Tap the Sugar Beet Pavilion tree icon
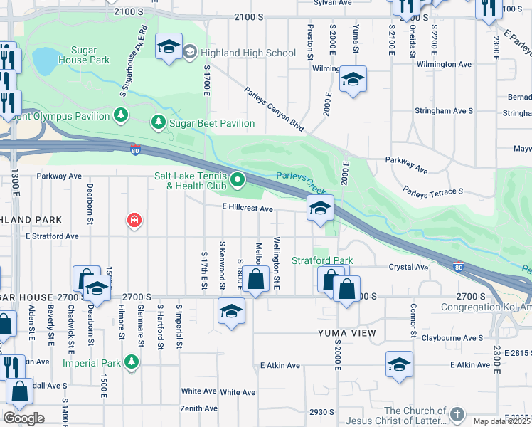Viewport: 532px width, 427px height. click(157, 123)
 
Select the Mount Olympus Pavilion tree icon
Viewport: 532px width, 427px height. click(121, 115)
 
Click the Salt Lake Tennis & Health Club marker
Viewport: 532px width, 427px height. click(238, 181)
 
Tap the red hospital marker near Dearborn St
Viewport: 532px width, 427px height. click(133, 221)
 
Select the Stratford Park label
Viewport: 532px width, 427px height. click(322, 260)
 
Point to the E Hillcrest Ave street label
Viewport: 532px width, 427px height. click(247, 209)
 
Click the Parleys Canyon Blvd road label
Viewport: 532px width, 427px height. click(274, 110)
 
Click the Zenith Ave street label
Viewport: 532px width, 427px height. click(198, 408)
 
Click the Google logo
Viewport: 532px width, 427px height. click(23, 418)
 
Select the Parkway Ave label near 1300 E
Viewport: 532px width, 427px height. click(60, 176)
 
